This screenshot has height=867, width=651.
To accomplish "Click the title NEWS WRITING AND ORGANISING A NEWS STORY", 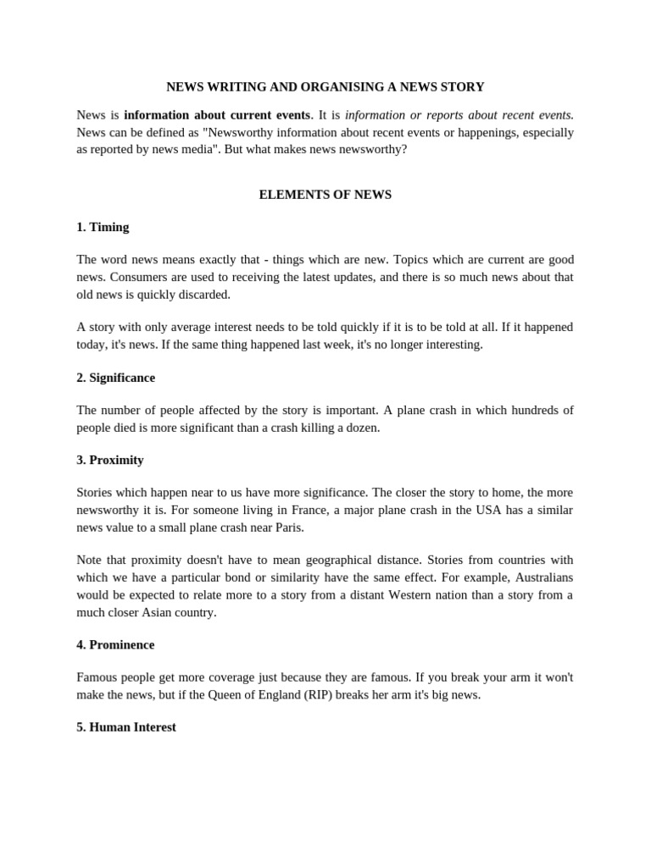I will (325, 86).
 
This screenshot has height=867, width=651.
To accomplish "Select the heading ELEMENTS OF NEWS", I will (325, 195).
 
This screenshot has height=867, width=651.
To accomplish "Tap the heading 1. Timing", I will (103, 227).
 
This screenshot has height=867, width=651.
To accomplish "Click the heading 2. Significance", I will (115, 378).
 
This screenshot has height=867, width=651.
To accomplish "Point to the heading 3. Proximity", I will (110, 460).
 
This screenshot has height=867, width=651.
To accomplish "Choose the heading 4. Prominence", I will (115, 644).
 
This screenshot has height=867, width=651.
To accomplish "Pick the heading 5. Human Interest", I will (126, 727).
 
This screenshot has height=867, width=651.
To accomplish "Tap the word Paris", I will (287, 527).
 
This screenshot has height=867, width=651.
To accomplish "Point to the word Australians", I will (540, 577).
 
